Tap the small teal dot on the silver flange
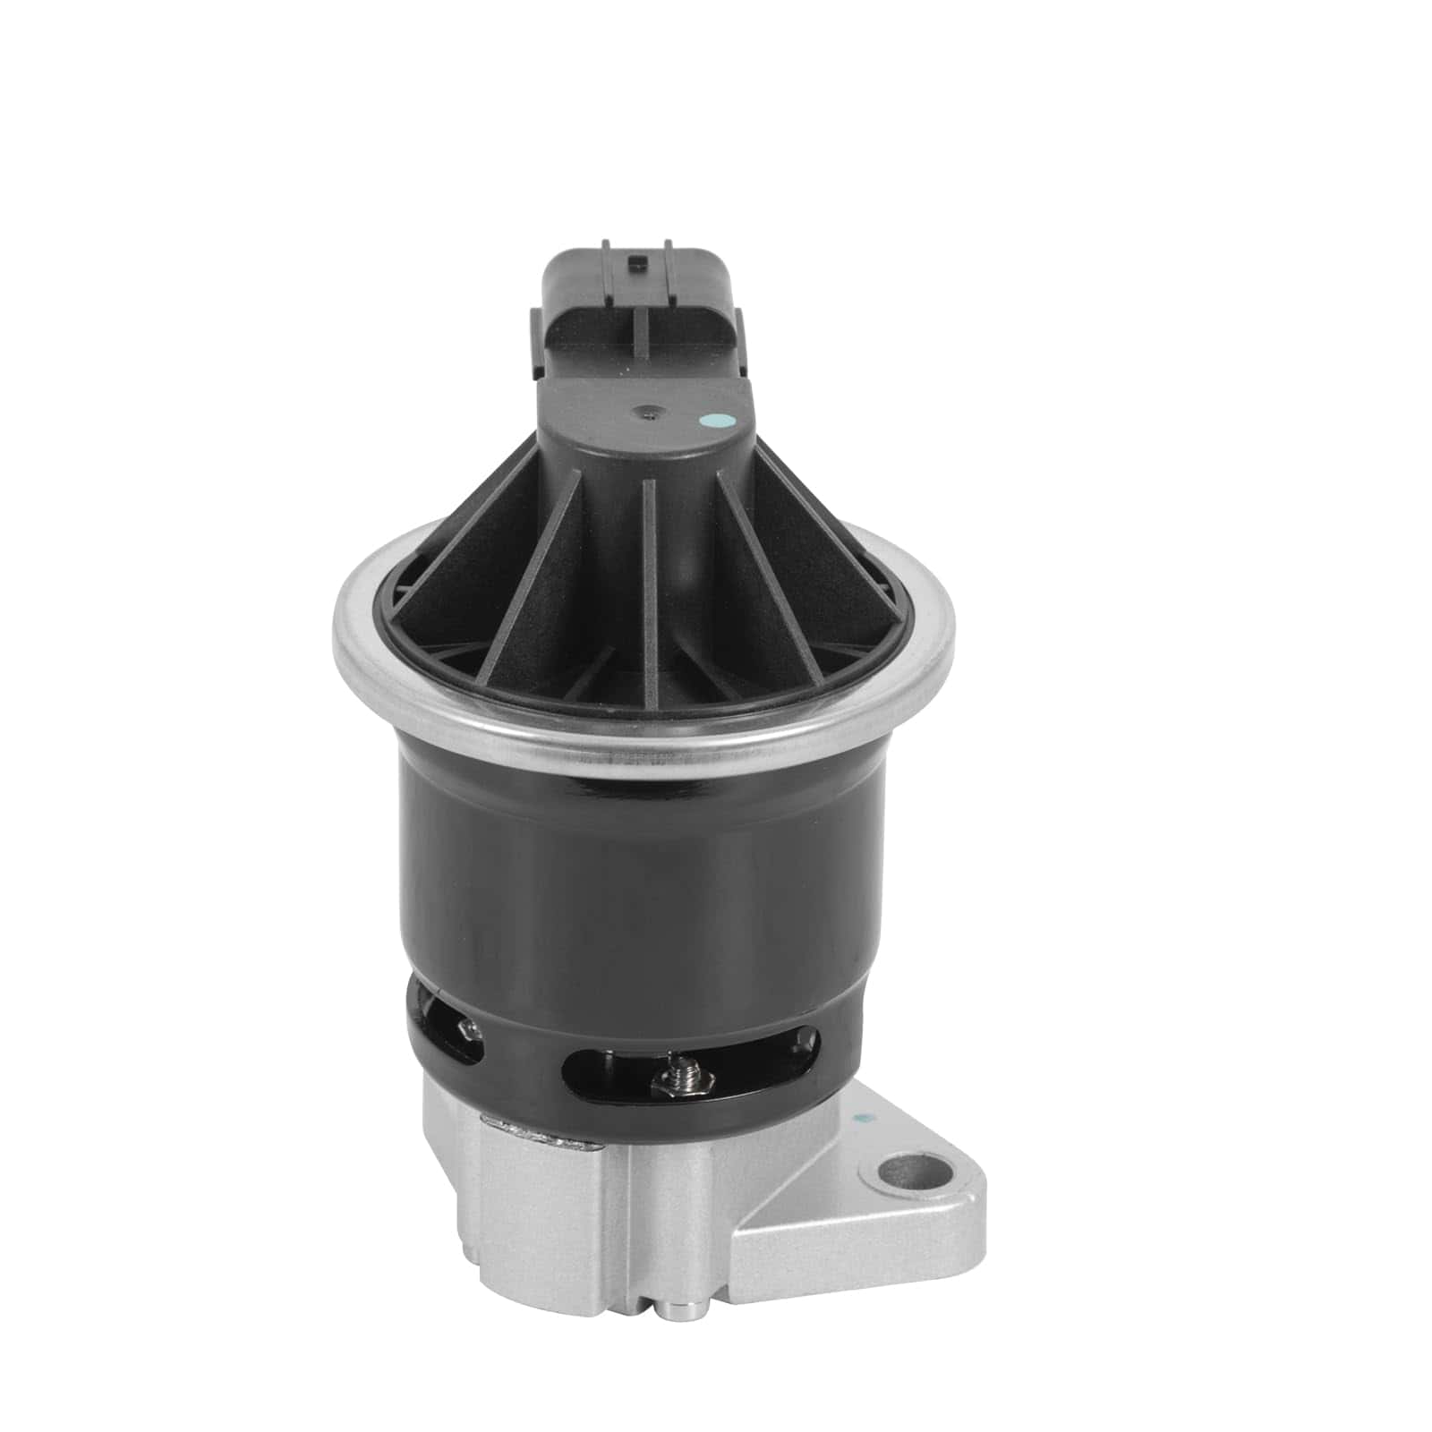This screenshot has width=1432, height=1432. [862, 1118]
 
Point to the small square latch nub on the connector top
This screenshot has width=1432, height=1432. [637, 262]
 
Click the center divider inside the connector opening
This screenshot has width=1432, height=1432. [639, 333]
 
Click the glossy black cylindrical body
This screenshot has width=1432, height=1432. [626, 859]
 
